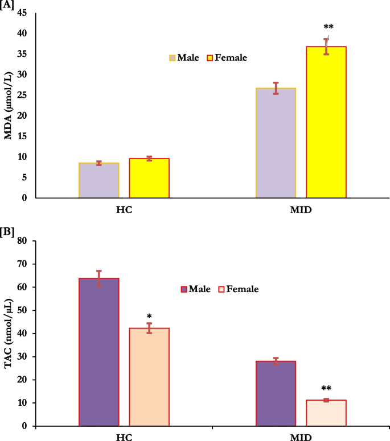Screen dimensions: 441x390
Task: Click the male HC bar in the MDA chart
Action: click(99, 180)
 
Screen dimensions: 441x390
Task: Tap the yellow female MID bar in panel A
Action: click(326, 122)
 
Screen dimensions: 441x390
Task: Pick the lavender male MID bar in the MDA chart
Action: click(276, 143)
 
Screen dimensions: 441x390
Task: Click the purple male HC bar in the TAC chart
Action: click(99, 352)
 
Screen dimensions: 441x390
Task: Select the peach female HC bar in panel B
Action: click(149, 377)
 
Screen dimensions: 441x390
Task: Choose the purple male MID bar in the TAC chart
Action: click(276, 393)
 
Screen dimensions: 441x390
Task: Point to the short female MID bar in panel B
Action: click(326, 413)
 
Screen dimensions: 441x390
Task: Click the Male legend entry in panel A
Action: click(183, 57)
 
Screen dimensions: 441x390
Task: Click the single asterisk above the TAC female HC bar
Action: click(149, 316)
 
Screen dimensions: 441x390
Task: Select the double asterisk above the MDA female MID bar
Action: click(328, 27)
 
